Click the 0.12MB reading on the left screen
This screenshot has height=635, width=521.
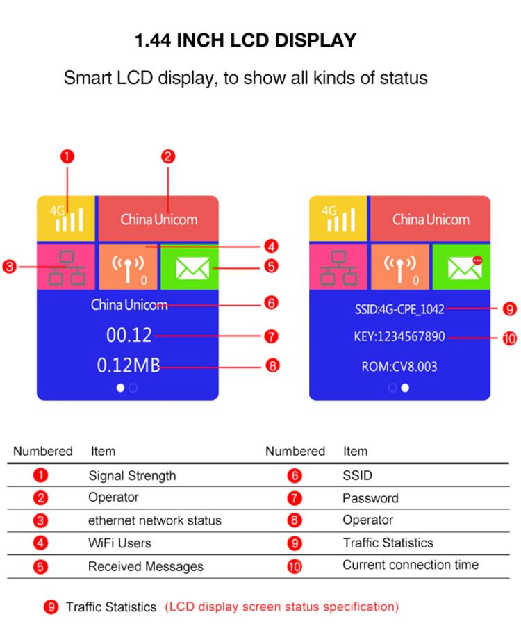(128, 365)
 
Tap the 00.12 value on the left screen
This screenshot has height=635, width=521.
(129, 336)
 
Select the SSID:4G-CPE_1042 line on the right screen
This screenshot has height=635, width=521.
(395, 309)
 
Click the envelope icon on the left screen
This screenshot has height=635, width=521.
(188, 267)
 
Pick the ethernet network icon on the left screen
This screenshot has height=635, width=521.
(67, 267)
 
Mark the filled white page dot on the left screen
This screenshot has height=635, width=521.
(120, 388)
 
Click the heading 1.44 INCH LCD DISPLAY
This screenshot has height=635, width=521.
(245, 40)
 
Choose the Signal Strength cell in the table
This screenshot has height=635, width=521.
(132, 476)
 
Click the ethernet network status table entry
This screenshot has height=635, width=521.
(154, 520)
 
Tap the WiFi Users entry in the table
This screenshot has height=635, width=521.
(119, 543)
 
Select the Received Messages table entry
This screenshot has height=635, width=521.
(145, 567)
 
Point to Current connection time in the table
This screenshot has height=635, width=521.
(410, 565)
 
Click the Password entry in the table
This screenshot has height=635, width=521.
(370, 498)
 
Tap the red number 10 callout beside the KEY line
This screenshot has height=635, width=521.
(509, 338)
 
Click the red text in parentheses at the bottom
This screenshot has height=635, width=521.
(281, 607)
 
